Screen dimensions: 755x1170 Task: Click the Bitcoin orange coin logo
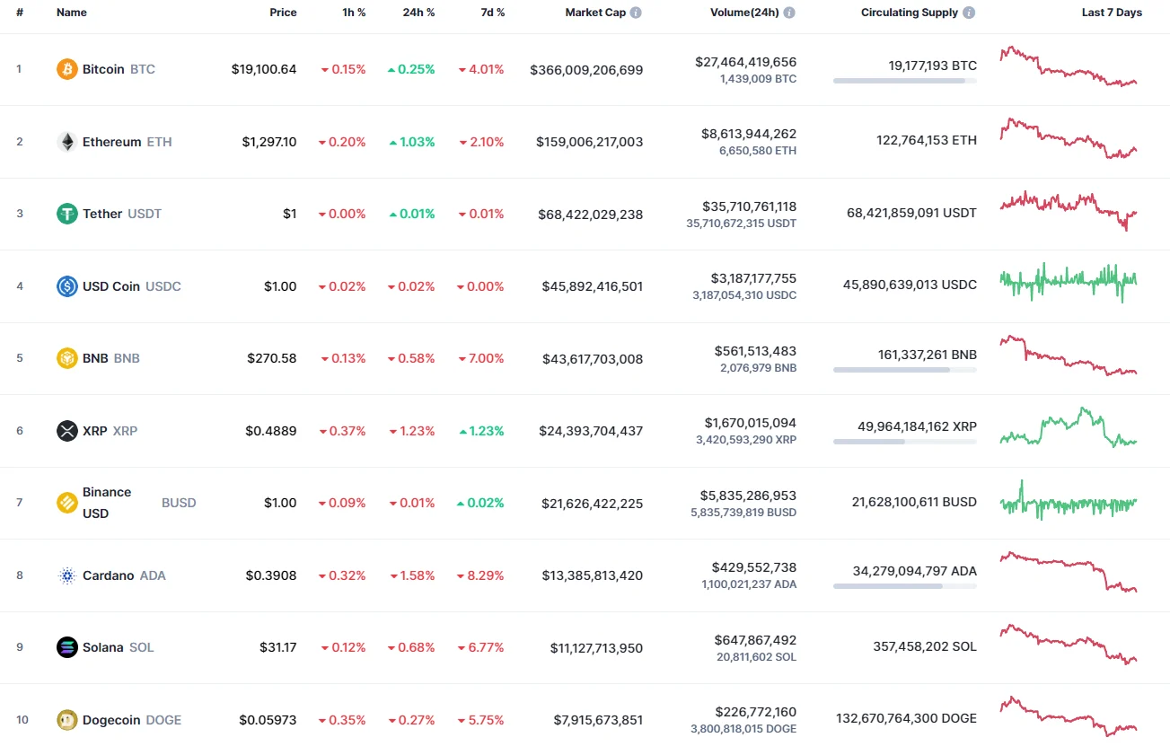click(67, 69)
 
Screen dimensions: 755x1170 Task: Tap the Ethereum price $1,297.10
click(268, 142)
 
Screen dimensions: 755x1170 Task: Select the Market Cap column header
click(595, 13)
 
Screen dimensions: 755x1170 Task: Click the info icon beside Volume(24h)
click(789, 13)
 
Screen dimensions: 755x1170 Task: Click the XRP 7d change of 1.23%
click(480, 431)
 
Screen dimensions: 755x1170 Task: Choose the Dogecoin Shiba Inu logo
click(67, 720)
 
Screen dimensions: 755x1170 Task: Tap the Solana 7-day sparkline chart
click(1068, 645)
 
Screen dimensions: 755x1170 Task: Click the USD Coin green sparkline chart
click(1068, 282)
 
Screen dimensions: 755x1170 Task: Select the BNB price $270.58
click(271, 358)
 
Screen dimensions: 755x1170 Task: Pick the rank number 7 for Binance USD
click(20, 503)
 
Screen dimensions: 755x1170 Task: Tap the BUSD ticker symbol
click(179, 503)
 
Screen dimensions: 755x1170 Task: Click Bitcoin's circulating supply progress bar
click(904, 81)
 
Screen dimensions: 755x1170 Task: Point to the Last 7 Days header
click(1111, 13)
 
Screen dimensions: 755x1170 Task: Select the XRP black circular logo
click(67, 431)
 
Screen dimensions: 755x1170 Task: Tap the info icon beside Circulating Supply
click(969, 13)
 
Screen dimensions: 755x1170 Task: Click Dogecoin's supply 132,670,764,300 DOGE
click(906, 718)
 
